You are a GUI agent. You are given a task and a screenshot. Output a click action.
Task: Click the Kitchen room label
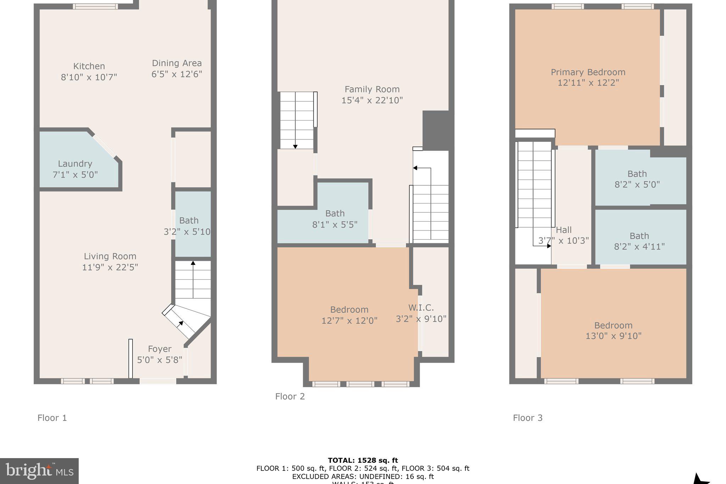[x=89, y=66]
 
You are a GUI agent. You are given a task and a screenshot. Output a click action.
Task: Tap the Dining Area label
[x=177, y=63]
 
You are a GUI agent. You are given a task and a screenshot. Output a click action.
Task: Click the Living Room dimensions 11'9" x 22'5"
[x=110, y=267]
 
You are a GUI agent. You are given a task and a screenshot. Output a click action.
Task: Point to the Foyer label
[x=160, y=349]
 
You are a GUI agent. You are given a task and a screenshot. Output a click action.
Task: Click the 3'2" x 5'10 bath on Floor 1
[x=189, y=226]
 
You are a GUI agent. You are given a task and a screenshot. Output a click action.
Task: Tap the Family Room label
[x=372, y=89]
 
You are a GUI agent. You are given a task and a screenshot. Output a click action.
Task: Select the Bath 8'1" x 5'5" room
[x=335, y=219]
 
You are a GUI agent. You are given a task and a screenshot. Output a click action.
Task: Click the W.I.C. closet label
[x=421, y=308]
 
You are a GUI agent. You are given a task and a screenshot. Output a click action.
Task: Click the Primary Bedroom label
[x=588, y=72]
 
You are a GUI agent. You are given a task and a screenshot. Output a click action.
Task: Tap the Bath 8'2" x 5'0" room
[x=637, y=179]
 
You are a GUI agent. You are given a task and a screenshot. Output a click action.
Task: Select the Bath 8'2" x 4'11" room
[x=639, y=241]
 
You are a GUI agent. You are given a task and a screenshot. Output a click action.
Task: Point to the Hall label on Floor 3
[x=564, y=230]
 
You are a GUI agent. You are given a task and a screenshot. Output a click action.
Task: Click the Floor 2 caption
[x=290, y=396]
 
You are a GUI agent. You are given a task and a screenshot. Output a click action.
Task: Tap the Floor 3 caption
[x=527, y=418]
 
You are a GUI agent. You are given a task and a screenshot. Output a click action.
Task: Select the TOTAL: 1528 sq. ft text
[x=363, y=460]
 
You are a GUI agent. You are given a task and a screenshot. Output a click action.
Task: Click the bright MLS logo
[x=39, y=471]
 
